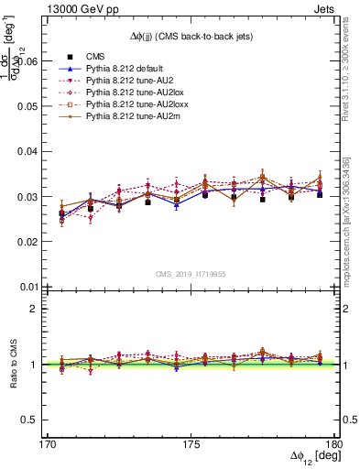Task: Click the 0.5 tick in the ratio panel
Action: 38,420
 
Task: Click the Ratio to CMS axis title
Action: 16,364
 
